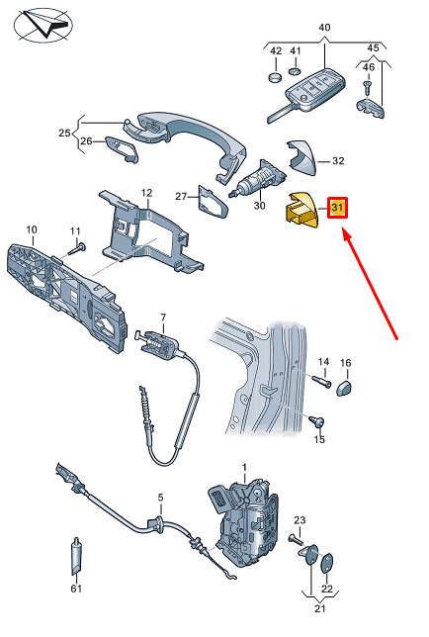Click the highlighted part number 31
[x=337, y=207]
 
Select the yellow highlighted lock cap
[x=301, y=210]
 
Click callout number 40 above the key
[x=324, y=28]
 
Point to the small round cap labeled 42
[x=276, y=77]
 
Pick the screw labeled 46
[x=368, y=86]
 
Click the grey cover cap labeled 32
[x=301, y=157]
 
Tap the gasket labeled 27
[x=213, y=203]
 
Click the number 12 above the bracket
[x=146, y=193]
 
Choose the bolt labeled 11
[x=77, y=248]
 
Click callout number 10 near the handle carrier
[x=32, y=229]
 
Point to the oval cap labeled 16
[x=344, y=388]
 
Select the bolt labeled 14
[x=322, y=382]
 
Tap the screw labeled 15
[x=317, y=421]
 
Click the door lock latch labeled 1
[x=245, y=523]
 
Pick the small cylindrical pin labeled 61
[x=77, y=557]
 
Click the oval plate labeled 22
[x=326, y=564]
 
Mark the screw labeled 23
[x=297, y=539]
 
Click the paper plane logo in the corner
[x=43, y=25]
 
